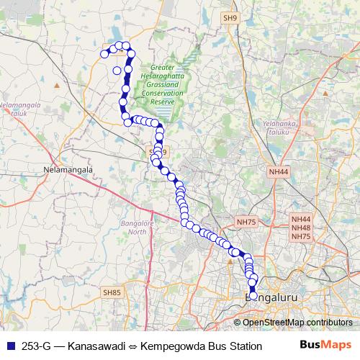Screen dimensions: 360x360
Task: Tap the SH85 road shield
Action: pyautogui.click(x=112, y=292)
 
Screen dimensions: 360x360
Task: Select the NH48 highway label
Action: pyautogui.click(x=300, y=228)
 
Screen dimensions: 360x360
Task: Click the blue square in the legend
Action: pyautogui.click(x=7, y=346)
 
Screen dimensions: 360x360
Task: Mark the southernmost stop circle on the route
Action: pyautogui.click(x=253, y=295)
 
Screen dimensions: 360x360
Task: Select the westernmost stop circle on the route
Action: pyautogui.click(x=104, y=54)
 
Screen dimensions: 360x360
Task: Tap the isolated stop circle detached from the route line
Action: pyautogui.click(x=116, y=70)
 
